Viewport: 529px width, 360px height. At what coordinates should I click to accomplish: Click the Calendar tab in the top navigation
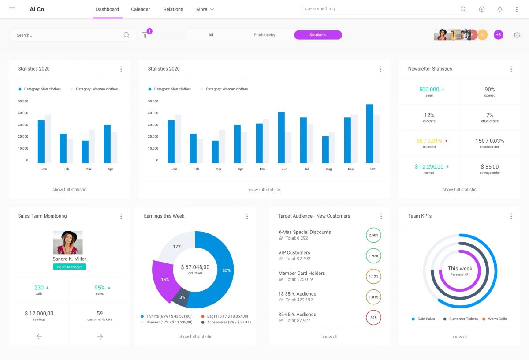(141, 9)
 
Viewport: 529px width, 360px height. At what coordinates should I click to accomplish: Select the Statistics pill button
(318, 35)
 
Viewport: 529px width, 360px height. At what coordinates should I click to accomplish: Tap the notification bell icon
(499, 9)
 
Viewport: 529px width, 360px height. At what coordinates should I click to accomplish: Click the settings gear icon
(517, 35)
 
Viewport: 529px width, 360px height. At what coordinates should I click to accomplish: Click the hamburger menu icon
(12, 9)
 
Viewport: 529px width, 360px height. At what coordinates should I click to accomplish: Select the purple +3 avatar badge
(498, 35)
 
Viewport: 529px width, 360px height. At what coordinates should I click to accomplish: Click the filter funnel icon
(145, 35)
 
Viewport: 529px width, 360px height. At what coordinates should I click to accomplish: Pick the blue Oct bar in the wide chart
(369, 134)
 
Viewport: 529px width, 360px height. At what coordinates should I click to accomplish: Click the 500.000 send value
(429, 90)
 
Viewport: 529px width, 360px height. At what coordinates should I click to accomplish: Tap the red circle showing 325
(373, 318)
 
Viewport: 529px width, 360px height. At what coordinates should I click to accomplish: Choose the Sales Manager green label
(70, 267)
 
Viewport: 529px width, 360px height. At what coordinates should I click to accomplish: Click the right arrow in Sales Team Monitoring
(100, 337)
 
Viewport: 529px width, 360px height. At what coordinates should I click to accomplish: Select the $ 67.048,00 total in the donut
(195, 267)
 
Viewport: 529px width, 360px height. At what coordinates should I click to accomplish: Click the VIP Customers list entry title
(294, 253)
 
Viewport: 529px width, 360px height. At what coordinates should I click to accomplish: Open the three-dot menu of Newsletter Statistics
(511, 69)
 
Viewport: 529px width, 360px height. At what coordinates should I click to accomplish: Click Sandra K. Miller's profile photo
(68, 242)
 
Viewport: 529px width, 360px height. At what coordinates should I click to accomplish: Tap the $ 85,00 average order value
(489, 167)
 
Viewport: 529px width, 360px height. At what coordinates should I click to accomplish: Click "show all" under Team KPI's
(459, 337)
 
